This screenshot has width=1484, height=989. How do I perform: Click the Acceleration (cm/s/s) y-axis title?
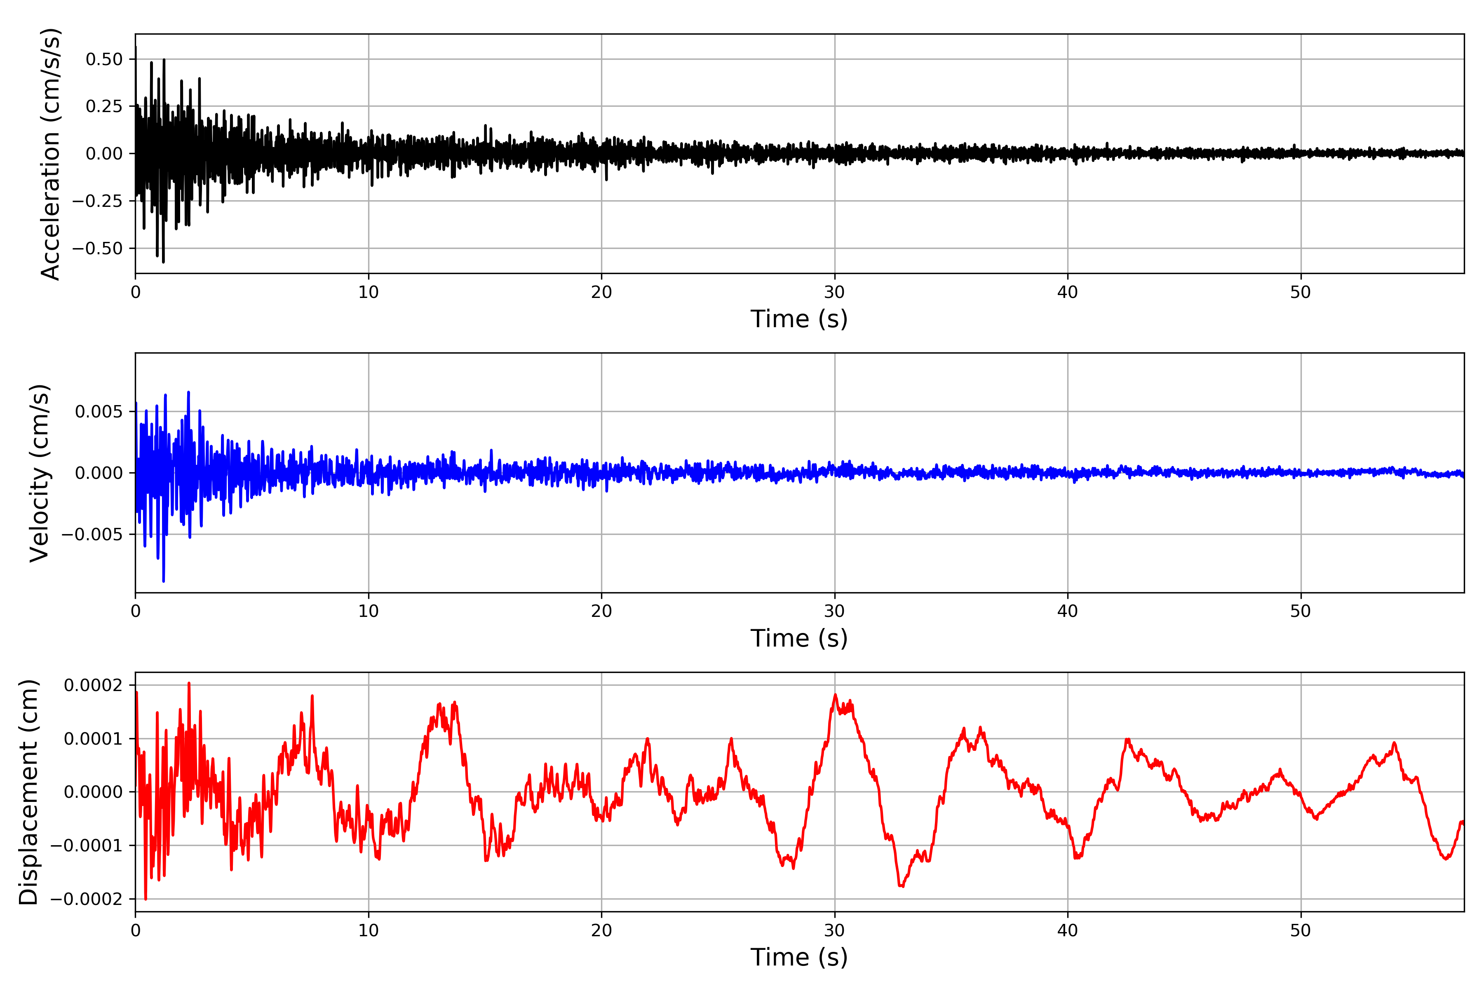[x=50, y=154]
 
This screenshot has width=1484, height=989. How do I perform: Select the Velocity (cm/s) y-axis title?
[x=40, y=473]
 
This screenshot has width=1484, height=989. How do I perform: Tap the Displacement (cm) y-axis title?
[x=29, y=792]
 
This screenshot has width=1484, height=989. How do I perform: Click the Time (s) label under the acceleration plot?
[x=799, y=319]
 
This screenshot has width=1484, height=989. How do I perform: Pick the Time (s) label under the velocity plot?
[x=799, y=638]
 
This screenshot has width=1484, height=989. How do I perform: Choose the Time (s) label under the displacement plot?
[x=799, y=957]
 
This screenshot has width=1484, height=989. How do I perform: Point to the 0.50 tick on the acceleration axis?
[x=104, y=59]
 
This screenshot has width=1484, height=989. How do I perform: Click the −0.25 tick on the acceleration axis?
[x=97, y=201]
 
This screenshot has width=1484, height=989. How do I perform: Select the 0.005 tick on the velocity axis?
[x=99, y=412]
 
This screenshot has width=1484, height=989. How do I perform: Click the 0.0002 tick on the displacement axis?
[x=94, y=685]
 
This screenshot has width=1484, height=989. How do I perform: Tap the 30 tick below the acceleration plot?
[x=835, y=293]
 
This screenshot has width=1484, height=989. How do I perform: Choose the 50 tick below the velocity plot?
[x=1301, y=611]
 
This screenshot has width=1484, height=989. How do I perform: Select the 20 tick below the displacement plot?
[x=601, y=930]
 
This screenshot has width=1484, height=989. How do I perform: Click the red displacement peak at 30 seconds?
[x=836, y=695]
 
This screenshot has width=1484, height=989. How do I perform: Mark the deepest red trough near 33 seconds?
[x=901, y=886]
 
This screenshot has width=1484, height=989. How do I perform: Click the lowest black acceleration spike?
[x=163, y=262]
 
